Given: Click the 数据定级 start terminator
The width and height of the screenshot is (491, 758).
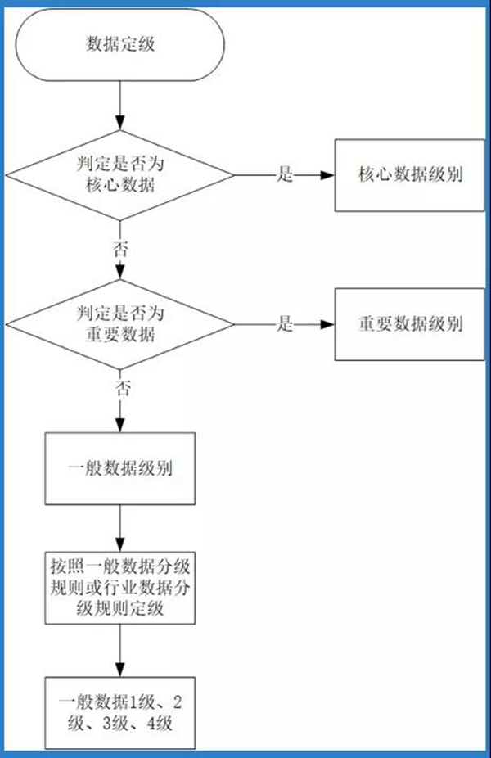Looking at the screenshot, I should point(120,45).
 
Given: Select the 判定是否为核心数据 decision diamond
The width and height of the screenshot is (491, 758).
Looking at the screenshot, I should point(120,174).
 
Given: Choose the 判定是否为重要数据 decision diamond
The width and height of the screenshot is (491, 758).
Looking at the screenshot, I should point(120,324).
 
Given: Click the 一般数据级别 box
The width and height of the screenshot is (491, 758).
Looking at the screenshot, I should point(120,471).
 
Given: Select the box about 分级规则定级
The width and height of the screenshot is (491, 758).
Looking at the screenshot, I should point(120,588).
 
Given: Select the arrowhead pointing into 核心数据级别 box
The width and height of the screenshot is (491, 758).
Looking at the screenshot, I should point(330,175).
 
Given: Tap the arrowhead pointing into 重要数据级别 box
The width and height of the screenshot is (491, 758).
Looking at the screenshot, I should point(330,325).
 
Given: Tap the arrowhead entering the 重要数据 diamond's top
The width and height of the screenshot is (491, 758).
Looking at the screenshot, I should point(120,282).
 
